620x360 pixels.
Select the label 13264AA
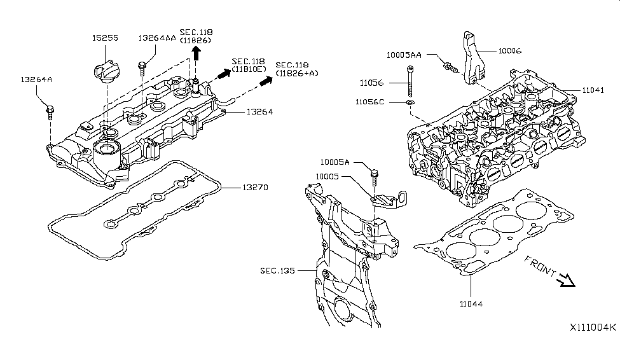tap(156, 38)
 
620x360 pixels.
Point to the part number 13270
tap(254, 188)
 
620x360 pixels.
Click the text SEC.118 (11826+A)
tap(297, 69)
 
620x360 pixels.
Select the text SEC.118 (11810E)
tap(249, 64)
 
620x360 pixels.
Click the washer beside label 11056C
tap(411, 102)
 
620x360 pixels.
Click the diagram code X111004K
tap(592, 327)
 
